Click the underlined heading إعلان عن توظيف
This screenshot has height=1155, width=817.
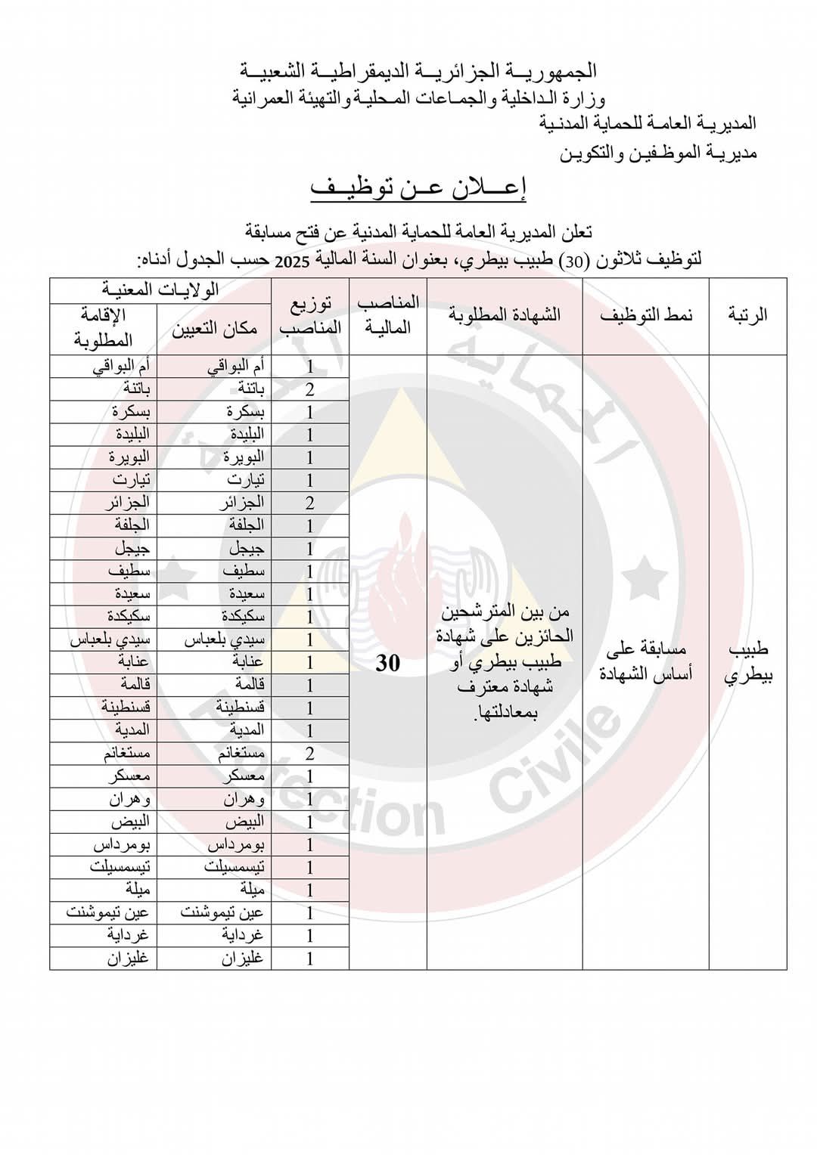pyautogui.click(x=418, y=187)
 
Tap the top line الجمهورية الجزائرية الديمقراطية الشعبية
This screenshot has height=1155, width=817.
pyautogui.click(x=418, y=71)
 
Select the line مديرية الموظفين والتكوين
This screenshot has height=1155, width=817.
pyautogui.click(x=658, y=153)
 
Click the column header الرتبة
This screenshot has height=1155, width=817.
pyautogui.click(x=747, y=315)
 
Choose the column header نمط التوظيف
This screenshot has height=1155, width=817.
pyautogui.click(x=645, y=315)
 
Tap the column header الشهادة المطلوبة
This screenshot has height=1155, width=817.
pyautogui.click(x=504, y=315)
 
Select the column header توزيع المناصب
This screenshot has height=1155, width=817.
pyautogui.click(x=310, y=315)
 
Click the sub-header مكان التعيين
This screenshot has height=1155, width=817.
pyautogui.click(x=214, y=329)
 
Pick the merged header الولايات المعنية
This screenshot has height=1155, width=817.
pyautogui.click(x=160, y=290)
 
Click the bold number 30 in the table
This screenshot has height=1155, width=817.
pyautogui.click(x=387, y=663)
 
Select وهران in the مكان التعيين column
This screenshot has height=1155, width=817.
pyautogui.click(x=244, y=799)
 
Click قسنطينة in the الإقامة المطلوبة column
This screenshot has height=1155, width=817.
pyautogui.click(x=126, y=708)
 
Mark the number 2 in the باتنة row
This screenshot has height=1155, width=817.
pyautogui.click(x=309, y=390)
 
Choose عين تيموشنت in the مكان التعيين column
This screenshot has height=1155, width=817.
pyautogui.click(x=222, y=912)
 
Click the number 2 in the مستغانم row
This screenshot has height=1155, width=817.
pyautogui.click(x=309, y=754)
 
